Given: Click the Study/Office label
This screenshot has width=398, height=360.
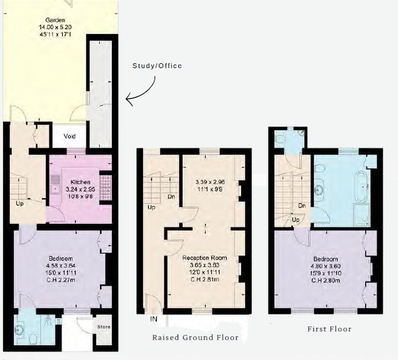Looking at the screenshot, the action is pyautogui.click(x=157, y=66).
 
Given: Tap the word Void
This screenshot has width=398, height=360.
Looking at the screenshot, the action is pyautogui.click(x=69, y=136).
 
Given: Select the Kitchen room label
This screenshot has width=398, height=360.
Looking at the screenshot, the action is pyautogui.click(x=80, y=182).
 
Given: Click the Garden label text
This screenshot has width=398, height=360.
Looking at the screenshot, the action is pyautogui.click(x=55, y=20).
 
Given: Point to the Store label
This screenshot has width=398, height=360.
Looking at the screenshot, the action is pyautogui.click(x=104, y=327).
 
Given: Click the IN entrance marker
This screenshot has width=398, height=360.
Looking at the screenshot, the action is pyautogui.click(x=154, y=319).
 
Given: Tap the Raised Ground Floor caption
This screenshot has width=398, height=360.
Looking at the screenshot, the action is pyautogui.click(x=195, y=337).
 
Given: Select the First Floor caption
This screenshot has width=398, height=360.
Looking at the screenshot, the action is pyautogui.click(x=329, y=329).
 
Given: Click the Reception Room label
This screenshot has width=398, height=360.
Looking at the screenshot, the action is pyautogui.click(x=204, y=258).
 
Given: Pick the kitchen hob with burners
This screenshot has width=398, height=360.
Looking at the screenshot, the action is pyautogui.click(x=106, y=187).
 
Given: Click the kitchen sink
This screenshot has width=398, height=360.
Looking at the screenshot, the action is pyautogui.click(x=55, y=184).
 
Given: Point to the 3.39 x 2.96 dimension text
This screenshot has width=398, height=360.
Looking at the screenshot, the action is pyautogui.click(x=210, y=182).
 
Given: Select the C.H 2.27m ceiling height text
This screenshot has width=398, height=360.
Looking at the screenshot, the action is pyautogui.click(x=61, y=280).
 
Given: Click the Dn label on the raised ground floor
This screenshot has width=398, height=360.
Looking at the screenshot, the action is pyautogui.click(x=172, y=196).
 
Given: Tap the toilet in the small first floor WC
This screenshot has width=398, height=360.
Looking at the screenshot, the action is pyautogui.click(x=281, y=139).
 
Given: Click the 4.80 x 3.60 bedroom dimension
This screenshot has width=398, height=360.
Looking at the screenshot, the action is pyautogui.click(x=326, y=266).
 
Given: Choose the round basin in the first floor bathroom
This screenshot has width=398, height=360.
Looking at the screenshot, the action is pyautogui.click(x=318, y=189).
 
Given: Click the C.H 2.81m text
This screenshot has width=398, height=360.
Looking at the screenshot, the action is pyautogui.click(x=204, y=279).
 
